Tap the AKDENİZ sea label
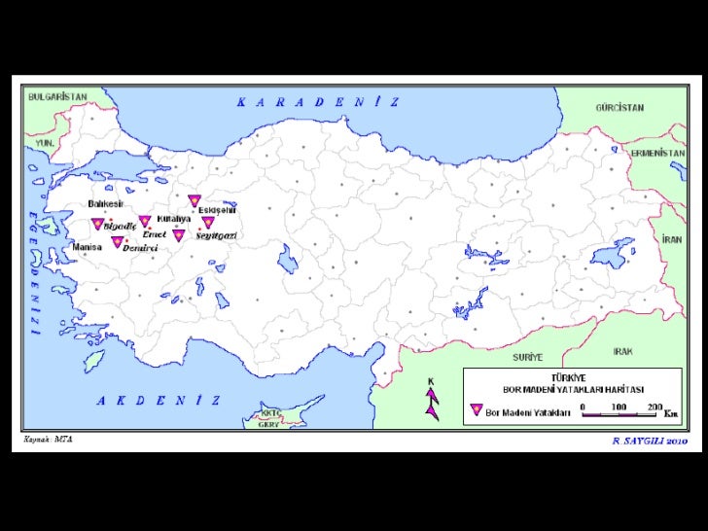158,400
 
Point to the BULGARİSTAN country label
57,97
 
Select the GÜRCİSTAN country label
619,109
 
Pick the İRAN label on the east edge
671,238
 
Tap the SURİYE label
528,357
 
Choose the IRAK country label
623,350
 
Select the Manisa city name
88,247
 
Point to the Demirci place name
140,248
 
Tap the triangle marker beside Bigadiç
97,224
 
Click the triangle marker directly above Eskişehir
195,200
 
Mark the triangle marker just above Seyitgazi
207,222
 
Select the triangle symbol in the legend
476,410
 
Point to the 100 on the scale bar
618,406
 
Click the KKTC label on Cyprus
270,413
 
